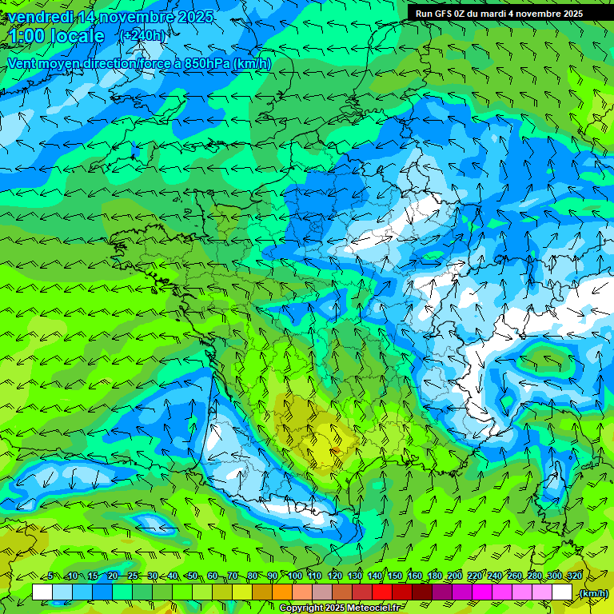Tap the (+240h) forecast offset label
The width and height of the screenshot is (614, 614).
[144, 36]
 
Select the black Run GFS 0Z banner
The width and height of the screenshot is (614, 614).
[509, 13]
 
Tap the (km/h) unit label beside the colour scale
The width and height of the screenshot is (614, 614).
[592, 593]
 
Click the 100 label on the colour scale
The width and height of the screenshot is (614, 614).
[295, 576]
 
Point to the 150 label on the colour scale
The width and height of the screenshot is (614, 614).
[395, 576]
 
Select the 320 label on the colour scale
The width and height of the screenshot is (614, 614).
[575, 576]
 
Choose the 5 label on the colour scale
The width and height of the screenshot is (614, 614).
[50, 576]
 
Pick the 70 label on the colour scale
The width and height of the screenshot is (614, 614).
[233, 576]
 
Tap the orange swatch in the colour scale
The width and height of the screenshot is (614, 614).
[282, 592]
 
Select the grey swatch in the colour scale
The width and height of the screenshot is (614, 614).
[322, 592]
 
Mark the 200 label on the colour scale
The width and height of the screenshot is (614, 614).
[455, 576]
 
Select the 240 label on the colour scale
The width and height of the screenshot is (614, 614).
[495, 576]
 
